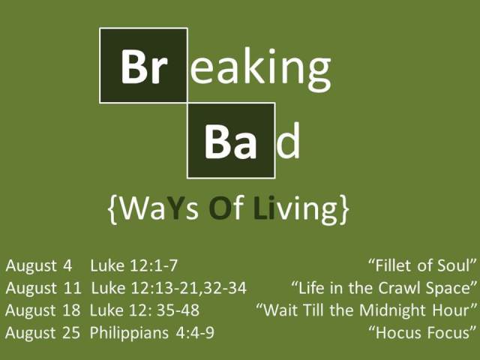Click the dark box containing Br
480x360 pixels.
click(143, 65)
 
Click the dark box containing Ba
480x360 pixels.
click(231, 141)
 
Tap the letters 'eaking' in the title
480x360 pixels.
click(260, 67)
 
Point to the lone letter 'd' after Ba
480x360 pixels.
click(289, 142)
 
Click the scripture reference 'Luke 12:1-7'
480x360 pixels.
click(133, 265)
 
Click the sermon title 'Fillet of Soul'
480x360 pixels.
click(423, 265)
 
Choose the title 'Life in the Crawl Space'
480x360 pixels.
click(384, 287)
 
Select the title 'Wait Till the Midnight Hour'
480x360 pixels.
click(367, 310)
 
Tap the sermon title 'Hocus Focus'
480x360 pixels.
click(423, 331)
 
